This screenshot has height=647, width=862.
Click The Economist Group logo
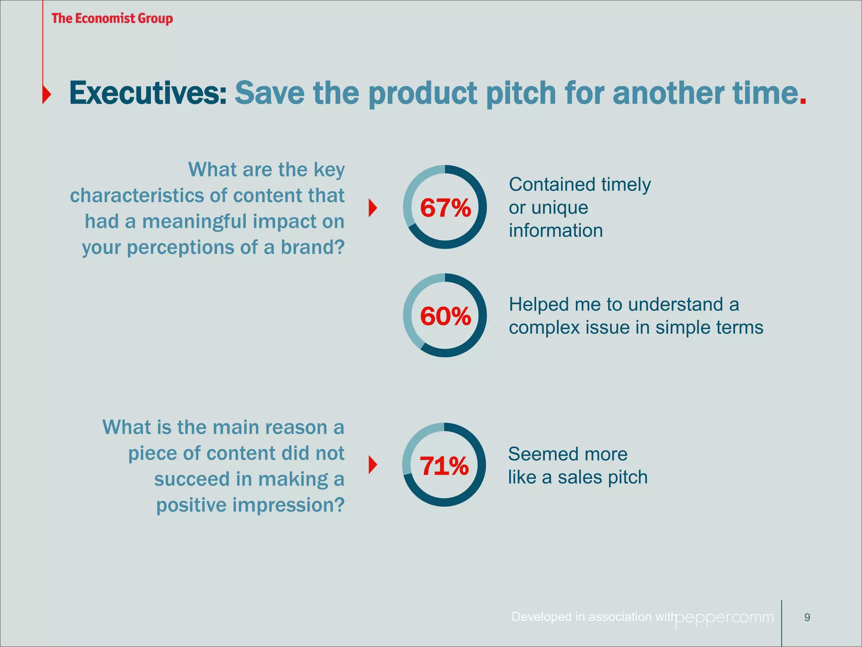pyautogui.click(x=112, y=19)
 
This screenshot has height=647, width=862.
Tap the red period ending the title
pyautogui.click(x=803, y=102)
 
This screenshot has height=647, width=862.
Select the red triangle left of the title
pyautogui.click(x=47, y=94)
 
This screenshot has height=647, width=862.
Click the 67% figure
pyautogui.click(x=445, y=208)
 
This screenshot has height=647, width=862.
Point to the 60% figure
pyautogui.click(x=445, y=316)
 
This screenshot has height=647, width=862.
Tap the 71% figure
pyautogui.click(x=444, y=466)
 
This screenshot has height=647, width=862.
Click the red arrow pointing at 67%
pyautogui.click(x=372, y=208)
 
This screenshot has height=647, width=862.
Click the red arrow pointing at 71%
pyautogui.click(x=372, y=465)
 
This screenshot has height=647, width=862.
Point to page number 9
pyautogui.click(x=807, y=618)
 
